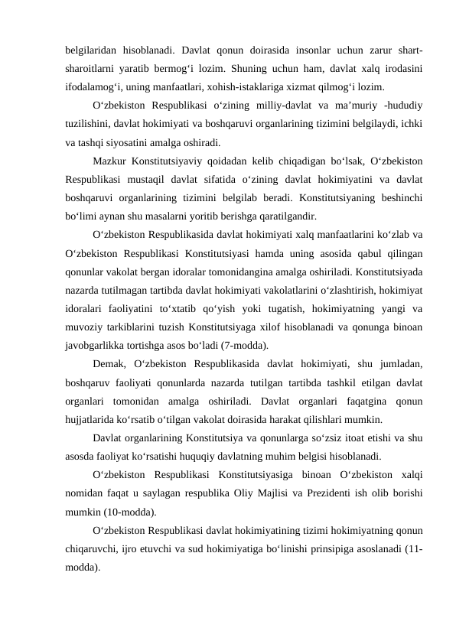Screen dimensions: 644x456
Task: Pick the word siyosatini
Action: (x=138, y=142)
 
